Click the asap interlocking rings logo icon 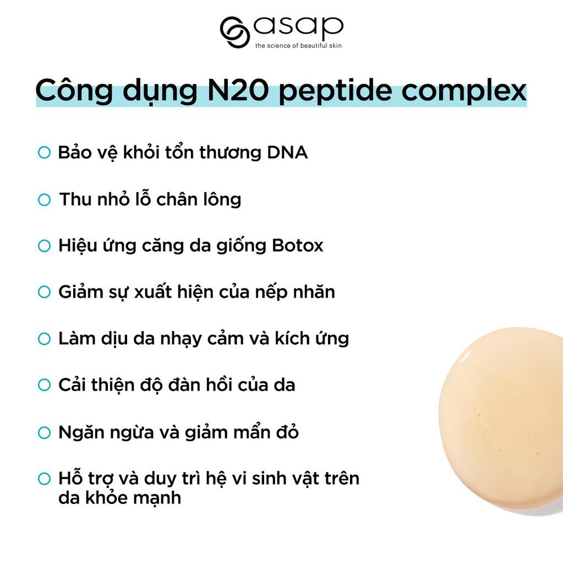(235, 32)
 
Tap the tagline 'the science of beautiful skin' (298, 46)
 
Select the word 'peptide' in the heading (335, 92)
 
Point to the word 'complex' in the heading (464, 92)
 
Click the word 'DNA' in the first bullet (287, 153)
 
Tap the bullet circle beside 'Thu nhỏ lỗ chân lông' (44, 199)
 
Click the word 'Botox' (298, 246)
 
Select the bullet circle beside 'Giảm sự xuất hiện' (44, 292)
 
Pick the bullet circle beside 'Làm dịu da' (44, 339)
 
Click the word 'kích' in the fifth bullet (292, 338)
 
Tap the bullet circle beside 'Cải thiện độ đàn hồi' (44, 385)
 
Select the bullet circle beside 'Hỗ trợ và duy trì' (44, 479)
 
